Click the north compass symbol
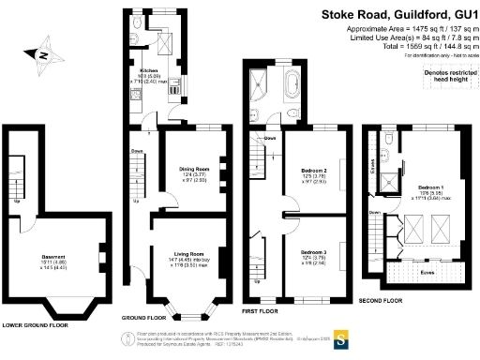coord(43,59)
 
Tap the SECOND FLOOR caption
coord(381,300)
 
